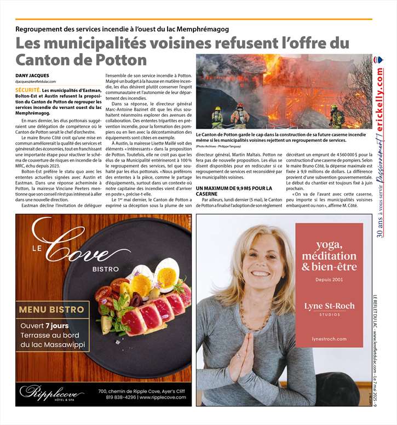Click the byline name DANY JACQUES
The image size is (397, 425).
[32, 74]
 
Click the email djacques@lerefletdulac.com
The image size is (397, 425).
[36, 81]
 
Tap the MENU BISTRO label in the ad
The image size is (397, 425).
[51, 309]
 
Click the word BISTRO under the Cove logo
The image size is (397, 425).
[105, 269]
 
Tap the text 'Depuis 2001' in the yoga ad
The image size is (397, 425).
[330, 280]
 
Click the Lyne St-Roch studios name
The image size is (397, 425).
[329, 306]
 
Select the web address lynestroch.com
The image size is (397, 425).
[329, 339]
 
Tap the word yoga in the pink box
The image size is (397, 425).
[330, 244]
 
